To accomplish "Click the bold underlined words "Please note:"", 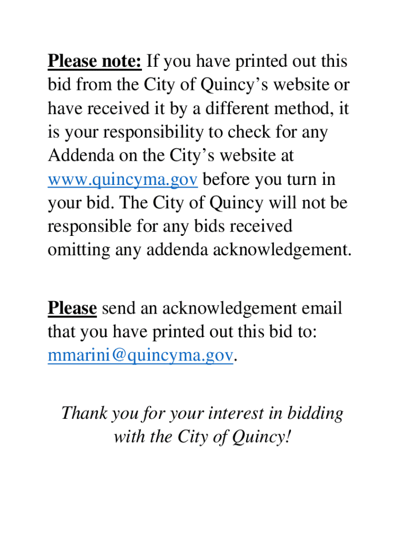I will click(95, 62).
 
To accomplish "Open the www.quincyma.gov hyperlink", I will click(123, 180).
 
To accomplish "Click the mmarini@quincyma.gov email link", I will click(140, 356).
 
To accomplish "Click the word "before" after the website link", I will click(226, 180).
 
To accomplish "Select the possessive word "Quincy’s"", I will click(242, 86).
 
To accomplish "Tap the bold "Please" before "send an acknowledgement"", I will click(72, 308).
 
